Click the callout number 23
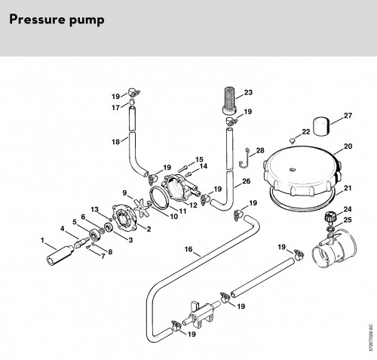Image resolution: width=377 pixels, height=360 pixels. [x=248, y=93]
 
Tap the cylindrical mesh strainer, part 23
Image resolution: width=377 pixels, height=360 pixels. [x=231, y=100]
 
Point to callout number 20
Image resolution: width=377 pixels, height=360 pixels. [x=348, y=146]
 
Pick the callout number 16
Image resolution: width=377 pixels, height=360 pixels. [x=188, y=249]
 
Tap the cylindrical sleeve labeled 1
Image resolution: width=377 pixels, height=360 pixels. [x=60, y=255]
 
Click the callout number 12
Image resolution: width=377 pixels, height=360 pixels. [x=193, y=205]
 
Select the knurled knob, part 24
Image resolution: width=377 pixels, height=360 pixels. [x=329, y=218]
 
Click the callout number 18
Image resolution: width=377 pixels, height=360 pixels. [x=116, y=142]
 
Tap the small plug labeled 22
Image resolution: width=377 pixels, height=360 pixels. [x=292, y=140]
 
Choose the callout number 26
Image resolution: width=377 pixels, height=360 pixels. [x=247, y=181]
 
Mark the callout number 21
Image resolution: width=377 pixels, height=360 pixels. [x=348, y=188]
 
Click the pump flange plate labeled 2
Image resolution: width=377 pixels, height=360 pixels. [x=124, y=218]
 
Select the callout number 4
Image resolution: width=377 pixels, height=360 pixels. [x=63, y=229]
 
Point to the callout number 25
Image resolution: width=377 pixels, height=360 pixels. [x=348, y=220]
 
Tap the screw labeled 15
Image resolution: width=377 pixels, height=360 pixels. [x=183, y=168]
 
